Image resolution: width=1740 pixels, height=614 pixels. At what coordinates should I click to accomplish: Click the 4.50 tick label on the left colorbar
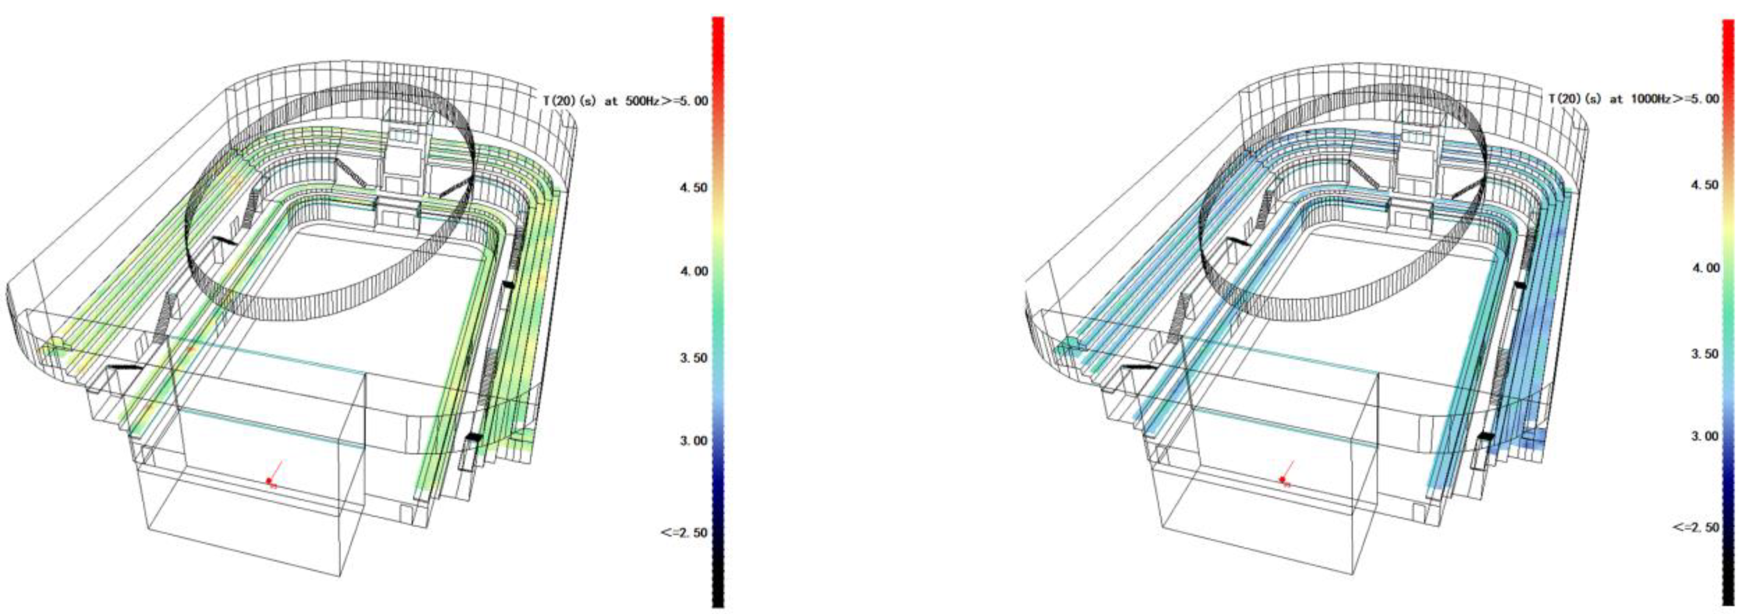tap(694, 187)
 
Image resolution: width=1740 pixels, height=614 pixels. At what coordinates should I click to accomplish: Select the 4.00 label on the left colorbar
tap(694, 272)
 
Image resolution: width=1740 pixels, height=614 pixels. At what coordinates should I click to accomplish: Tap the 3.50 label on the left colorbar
tap(694, 357)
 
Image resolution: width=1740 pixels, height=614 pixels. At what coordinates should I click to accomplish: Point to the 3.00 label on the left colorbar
tap(694, 441)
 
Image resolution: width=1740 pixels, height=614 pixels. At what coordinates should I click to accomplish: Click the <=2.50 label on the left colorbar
tap(685, 533)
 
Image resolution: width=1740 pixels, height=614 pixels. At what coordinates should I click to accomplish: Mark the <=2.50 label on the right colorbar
tap(1696, 527)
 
